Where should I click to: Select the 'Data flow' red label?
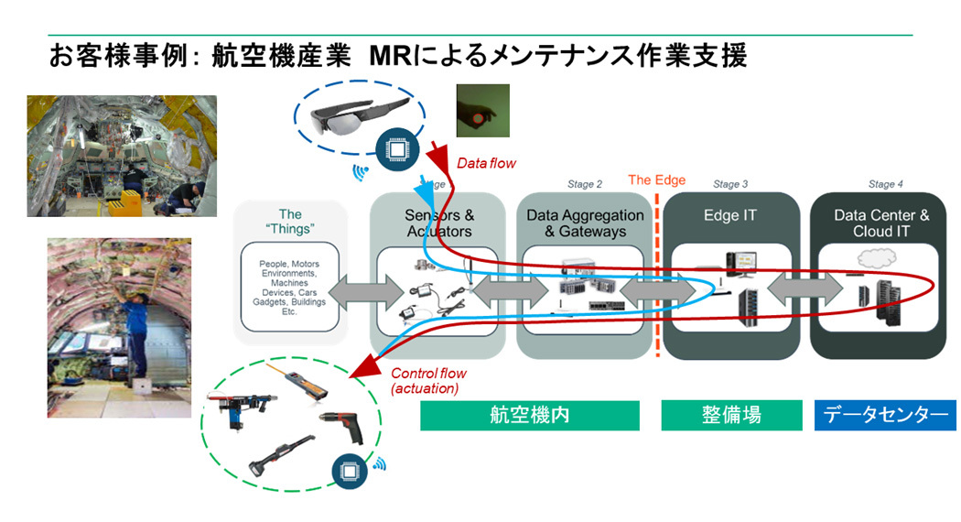tap(487, 164)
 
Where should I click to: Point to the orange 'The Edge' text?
tap(656, 180)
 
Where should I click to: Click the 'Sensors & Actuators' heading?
tap(439, 223)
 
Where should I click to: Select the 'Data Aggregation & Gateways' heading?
tap(585, 223)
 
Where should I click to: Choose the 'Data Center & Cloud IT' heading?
tap(881, 223)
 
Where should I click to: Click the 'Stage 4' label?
tap(886, 184)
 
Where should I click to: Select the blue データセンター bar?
tap(884, 415)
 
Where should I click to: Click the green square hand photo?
tap(482, 111)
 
